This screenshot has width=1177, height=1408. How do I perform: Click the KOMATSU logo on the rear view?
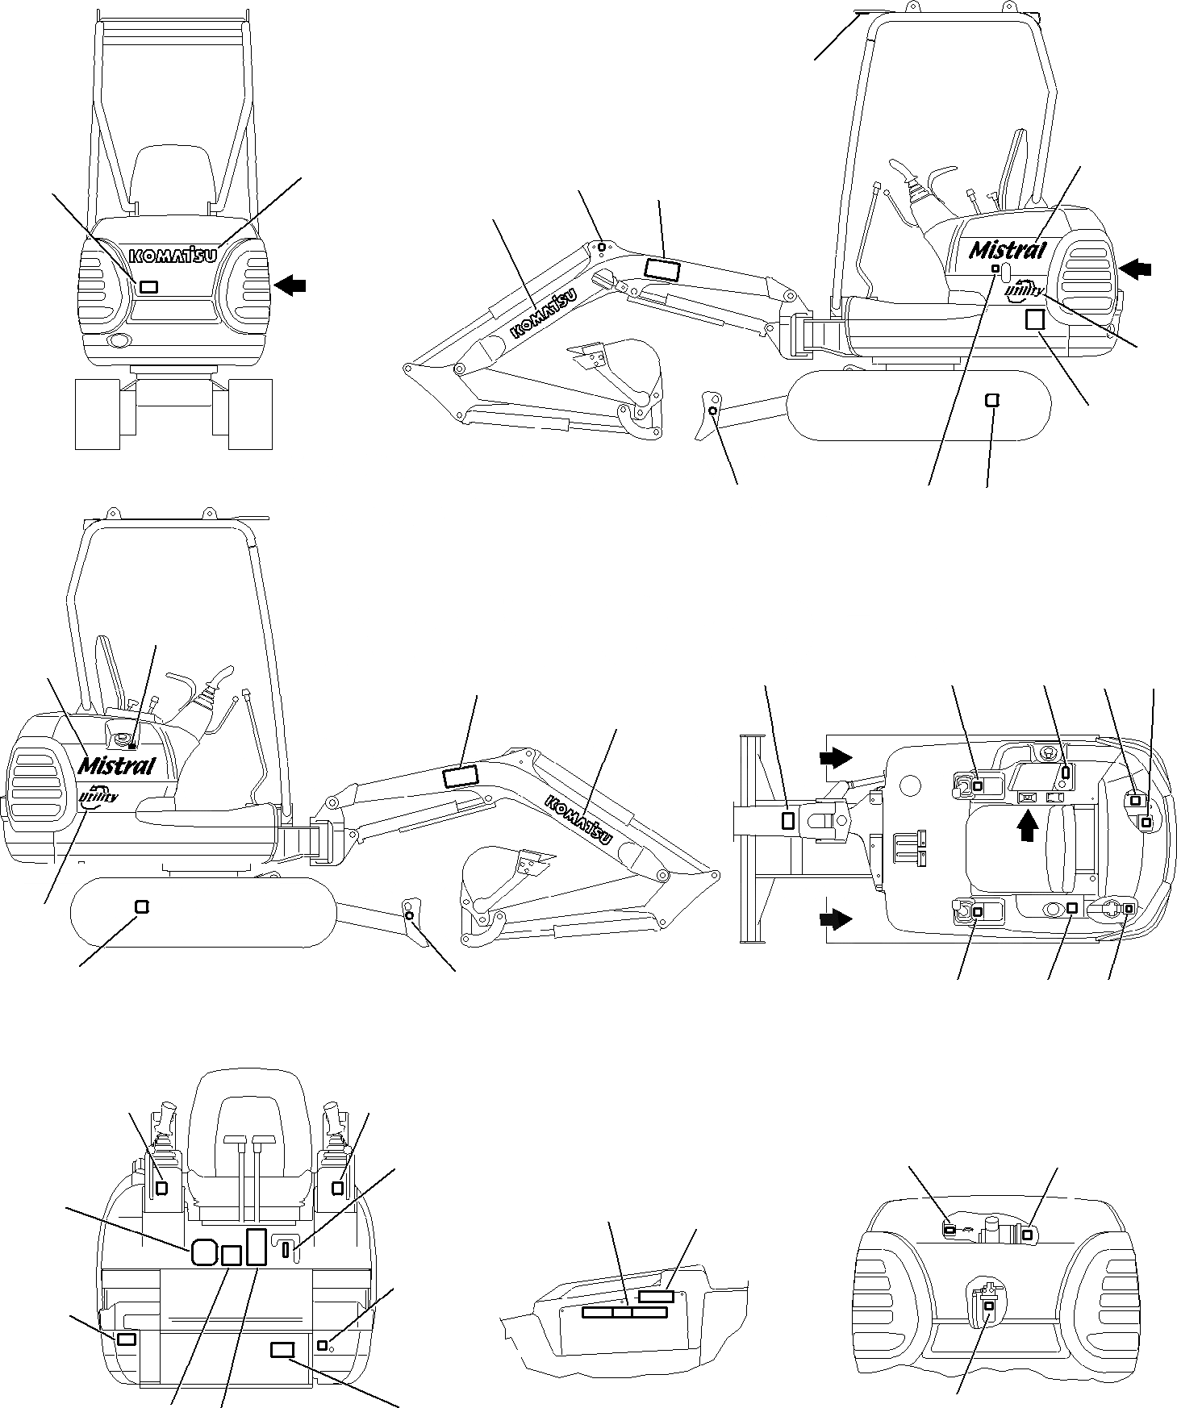(x=173, y=255)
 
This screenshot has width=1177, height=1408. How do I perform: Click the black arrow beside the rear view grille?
(x=290, y=283)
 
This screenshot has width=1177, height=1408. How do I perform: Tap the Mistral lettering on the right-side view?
(x=1007, y=249)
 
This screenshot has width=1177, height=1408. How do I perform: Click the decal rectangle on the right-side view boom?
(x=663, y=269)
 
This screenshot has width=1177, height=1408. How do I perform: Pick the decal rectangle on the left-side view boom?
(x=461, y=777)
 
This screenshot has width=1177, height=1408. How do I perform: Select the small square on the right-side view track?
(x=992, y=400)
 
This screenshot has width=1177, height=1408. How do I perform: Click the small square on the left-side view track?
(x=142, y=906)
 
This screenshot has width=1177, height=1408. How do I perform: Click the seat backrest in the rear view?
(x=174, y=177)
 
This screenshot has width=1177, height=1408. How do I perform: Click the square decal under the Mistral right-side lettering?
(x=1034, y=319)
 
